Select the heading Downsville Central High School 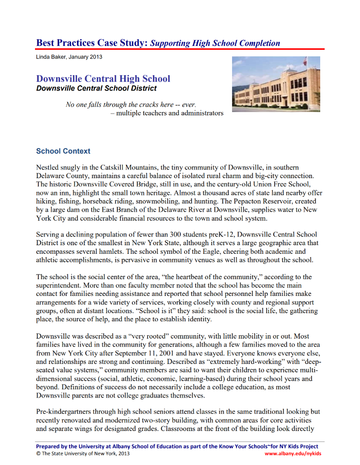(103, 79)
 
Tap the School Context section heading (63, 151)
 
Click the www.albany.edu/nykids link (293, 454)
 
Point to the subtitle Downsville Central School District (96, 88)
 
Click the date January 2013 (86, 57)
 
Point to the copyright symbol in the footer (38, 454)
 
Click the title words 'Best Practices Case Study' (92, 43)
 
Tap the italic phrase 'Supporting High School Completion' (215, 43)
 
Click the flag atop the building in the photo (305, 61)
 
